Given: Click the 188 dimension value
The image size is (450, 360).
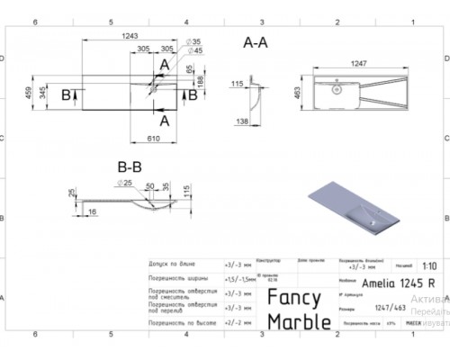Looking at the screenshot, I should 200,84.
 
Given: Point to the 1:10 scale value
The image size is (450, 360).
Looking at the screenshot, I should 431,266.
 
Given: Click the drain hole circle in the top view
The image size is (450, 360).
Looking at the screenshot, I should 336,89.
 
